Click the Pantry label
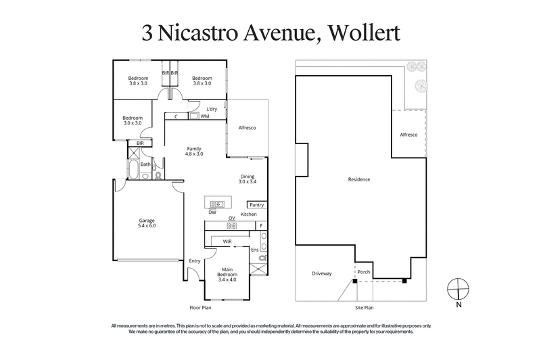click(x=256, y=204)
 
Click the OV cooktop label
click(x=231, y=218)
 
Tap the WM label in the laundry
click(x=205, y=116)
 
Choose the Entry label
click(x=195, y=261)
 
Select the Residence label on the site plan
click(x=359, y=180)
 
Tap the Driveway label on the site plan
click(x=321, y=273)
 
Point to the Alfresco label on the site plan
click(x=408, y=135)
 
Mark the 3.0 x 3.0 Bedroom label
click(x=133, y=120)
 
